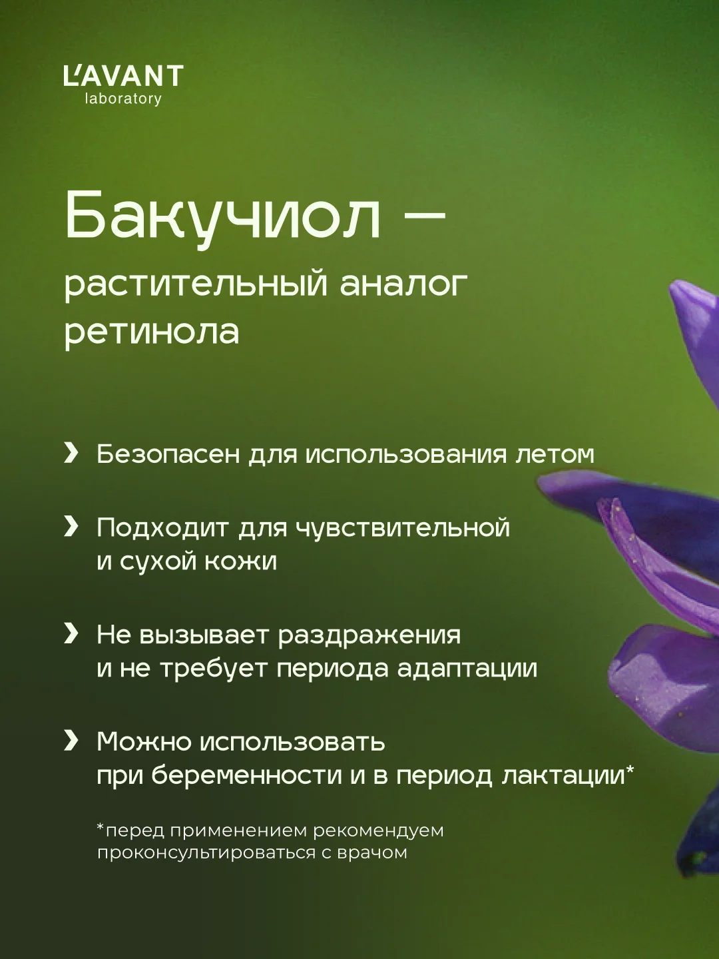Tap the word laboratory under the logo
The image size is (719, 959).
(123, 99)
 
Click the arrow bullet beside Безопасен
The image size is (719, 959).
(71, 454)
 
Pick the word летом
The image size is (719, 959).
(555, 454)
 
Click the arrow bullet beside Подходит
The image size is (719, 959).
(71, 527)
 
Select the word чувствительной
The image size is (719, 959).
(403, 527)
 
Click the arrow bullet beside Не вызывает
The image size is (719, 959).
(71, 634)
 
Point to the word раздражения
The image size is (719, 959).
(369, 636)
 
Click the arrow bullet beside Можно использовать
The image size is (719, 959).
(71, 741)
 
